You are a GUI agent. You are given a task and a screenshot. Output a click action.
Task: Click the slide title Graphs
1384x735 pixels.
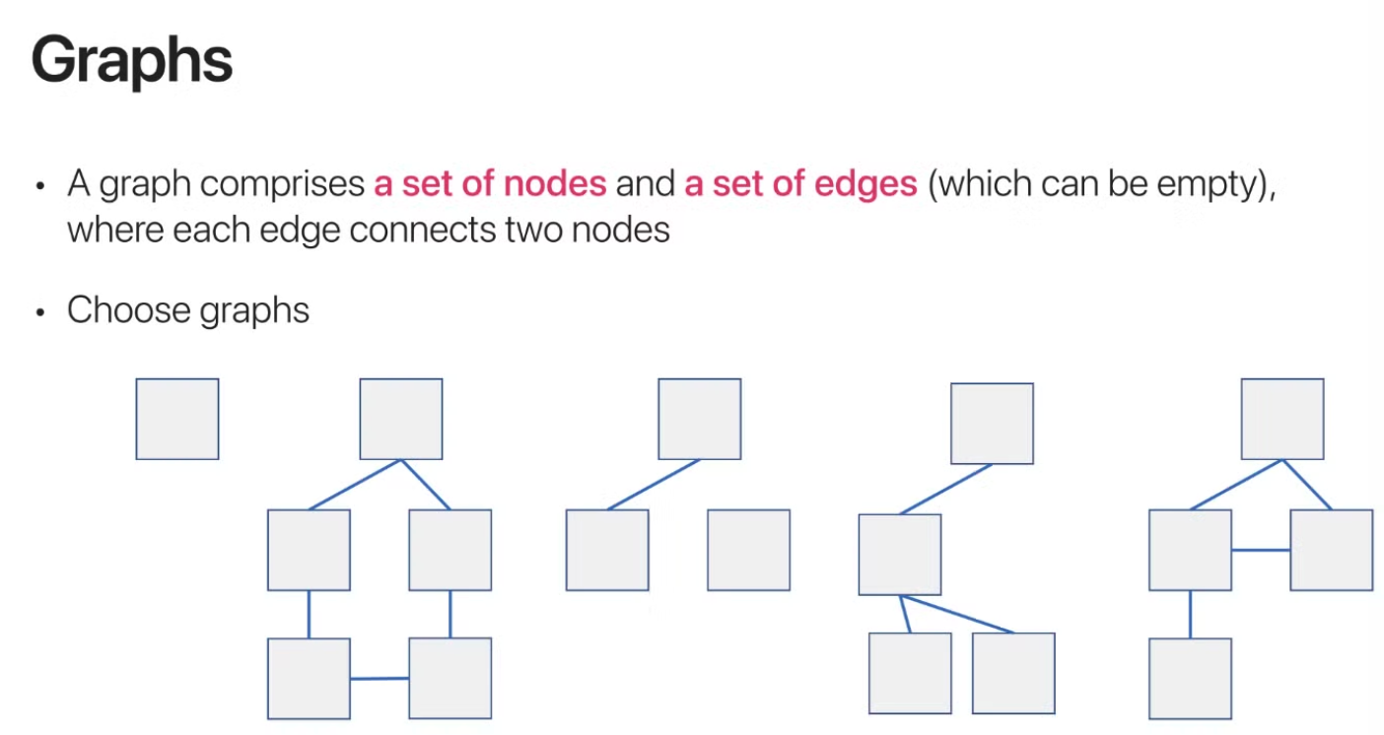tap(132, 62)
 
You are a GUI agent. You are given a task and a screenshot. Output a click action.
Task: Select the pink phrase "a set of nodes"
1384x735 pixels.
tap(490, 184)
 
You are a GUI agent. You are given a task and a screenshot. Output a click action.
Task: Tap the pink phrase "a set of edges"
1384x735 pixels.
tap(800, 184)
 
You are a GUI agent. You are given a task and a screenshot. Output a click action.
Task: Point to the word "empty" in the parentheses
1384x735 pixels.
tap(1216, 184)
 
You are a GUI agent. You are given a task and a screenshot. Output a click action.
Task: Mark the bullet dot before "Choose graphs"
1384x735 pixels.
tap(40, 312)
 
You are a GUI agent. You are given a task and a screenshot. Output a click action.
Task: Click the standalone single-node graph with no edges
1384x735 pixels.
tap(177, 419)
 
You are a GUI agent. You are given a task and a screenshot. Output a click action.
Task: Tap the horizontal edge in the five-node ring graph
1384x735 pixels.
tap(380, 678)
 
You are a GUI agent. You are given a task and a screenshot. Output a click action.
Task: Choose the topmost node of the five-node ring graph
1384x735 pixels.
tap(401, 419)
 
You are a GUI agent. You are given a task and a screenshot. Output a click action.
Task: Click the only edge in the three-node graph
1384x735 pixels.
tap(654, 485)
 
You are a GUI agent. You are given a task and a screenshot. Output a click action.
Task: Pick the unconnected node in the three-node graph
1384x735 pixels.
tap(748, 550)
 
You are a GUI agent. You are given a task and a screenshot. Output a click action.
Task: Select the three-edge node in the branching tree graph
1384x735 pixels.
tap(899, 555)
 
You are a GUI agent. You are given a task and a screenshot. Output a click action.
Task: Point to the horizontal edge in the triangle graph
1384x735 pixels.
tap(1261, 550)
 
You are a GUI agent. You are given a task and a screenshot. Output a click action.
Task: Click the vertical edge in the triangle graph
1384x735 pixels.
tap(1190, 614)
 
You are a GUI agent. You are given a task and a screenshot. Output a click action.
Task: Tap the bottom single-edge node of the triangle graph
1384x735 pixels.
tap(1190, 678)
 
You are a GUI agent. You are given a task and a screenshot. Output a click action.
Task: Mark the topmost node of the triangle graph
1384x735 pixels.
tap(1281, 419)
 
